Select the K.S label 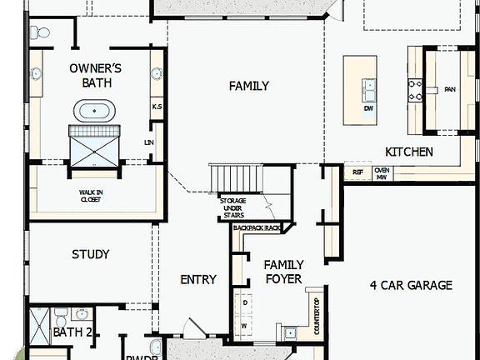pos(156,107)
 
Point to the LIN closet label pos(149,142)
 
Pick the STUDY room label pos(90,254)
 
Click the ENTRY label pos(198,280)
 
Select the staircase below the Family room pos(236,177)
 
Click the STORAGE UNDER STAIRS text pos(232,208)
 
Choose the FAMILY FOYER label pos(283,272)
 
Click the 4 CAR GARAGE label pos(411,285)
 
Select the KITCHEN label pos(408,152)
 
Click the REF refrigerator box pos(357,172)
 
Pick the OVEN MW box pos(381,172)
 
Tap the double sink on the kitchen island pos(368,87)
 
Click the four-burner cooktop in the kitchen pos(414,88)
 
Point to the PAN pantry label pos(449,89)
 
